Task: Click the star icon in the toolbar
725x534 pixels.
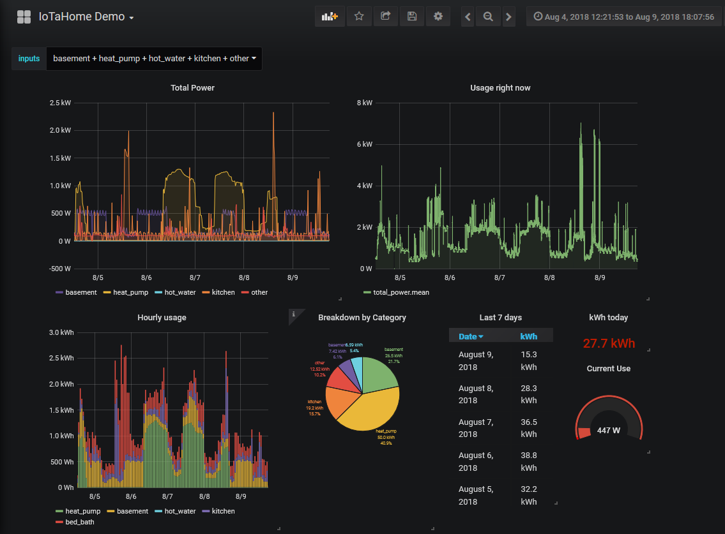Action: [x=359, y=17]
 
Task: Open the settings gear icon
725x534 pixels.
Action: [x=438, y=17]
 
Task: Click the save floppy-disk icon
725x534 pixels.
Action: [x=412, y=17]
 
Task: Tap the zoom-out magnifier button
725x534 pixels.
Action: [x=488, y=17]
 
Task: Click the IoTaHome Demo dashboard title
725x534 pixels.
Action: [x=82, y=17]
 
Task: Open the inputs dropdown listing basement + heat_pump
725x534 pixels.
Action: [x=154, y=58]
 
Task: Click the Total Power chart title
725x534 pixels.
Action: [x=192, y=87]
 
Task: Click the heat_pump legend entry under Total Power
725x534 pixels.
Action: [x=130, y=292]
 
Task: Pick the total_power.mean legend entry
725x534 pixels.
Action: [x=401, y=292]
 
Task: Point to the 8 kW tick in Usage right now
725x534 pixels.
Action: [x=364, y=103]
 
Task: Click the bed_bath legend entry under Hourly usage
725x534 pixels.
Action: [x=80, y=522]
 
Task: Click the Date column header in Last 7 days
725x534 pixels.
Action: [x=471, y=336]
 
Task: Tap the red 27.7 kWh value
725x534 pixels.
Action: [x=609, y=343]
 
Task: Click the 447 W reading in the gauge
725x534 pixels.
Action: [x=609, y=430]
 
